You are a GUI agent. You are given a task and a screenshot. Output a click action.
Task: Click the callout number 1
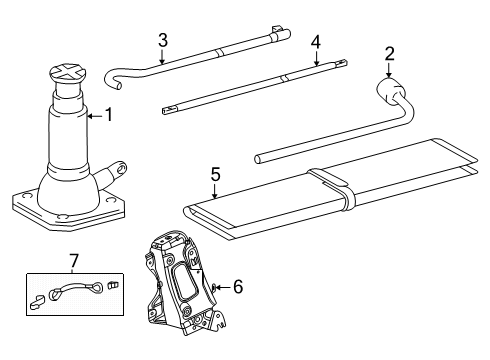[109, 115]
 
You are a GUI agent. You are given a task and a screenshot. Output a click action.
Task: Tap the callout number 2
[389, 53]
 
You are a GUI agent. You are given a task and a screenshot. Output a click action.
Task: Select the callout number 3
[163, 40]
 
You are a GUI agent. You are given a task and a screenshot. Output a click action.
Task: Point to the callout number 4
[316, 42]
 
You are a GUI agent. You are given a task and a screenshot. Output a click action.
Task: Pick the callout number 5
[216, 174]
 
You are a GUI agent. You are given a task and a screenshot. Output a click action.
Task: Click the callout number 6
[238, 287]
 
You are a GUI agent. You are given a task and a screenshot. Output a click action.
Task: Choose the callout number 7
[74, 261]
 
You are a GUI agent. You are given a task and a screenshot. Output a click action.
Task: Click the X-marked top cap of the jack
[68, 72]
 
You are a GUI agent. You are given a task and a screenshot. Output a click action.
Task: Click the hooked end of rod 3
[113, 79]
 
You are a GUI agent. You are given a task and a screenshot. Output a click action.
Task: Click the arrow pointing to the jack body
[94, 116]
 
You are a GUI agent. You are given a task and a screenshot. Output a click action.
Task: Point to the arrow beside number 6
[223, 287]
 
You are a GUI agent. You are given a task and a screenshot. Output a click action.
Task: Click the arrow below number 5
[215, 192]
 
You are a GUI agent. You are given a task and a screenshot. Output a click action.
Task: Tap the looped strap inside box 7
[76, 289]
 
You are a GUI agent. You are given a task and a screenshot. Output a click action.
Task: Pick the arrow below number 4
[316, 58]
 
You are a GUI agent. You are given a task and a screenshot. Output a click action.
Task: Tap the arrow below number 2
[389, 70]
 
